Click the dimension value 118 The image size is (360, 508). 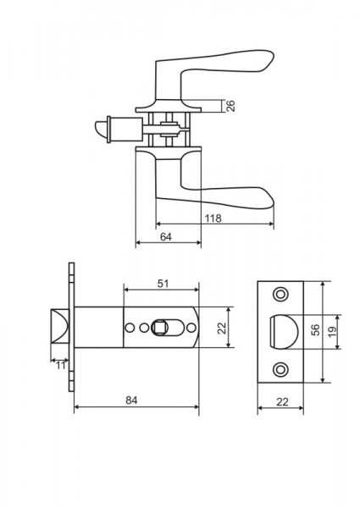[x=213, y=218]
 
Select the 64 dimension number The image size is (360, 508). [x=165, y=237]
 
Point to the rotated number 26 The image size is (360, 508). [x=230, y=106]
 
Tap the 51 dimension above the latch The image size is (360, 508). [x=163, y=284]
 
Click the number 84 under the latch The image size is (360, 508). [x=131, y=400]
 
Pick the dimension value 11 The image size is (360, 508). [x=61, y=366]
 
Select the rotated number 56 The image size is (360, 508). [x=315, y=329]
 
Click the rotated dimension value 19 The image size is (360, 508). [x=332, y=331]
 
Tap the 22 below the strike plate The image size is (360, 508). [x=282, y=401]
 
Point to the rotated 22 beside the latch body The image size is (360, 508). [x=222, y=328]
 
